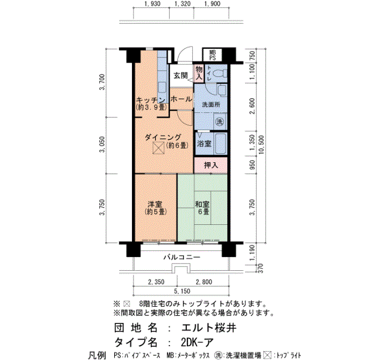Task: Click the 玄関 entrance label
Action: pos(180,76)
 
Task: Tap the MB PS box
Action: pos(212,55)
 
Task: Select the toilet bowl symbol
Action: pos(219,74)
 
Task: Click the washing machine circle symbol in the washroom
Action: pos(219,121)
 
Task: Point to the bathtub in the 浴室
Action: pos(220,144)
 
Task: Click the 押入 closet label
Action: pos(211,165)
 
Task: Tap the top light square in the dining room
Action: pos(159,148)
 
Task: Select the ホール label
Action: pos(181,99)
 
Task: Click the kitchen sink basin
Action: pos(162,88)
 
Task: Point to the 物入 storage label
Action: pos(199,73)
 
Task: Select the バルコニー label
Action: pos(182,258)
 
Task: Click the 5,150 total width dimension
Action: pos(182,291)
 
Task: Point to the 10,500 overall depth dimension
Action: pos(262,145)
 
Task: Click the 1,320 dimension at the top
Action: pos(182,4)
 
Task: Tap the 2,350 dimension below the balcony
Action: pos(156,282)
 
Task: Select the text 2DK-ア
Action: pos(197,342)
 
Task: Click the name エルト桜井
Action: pos(209,328)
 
